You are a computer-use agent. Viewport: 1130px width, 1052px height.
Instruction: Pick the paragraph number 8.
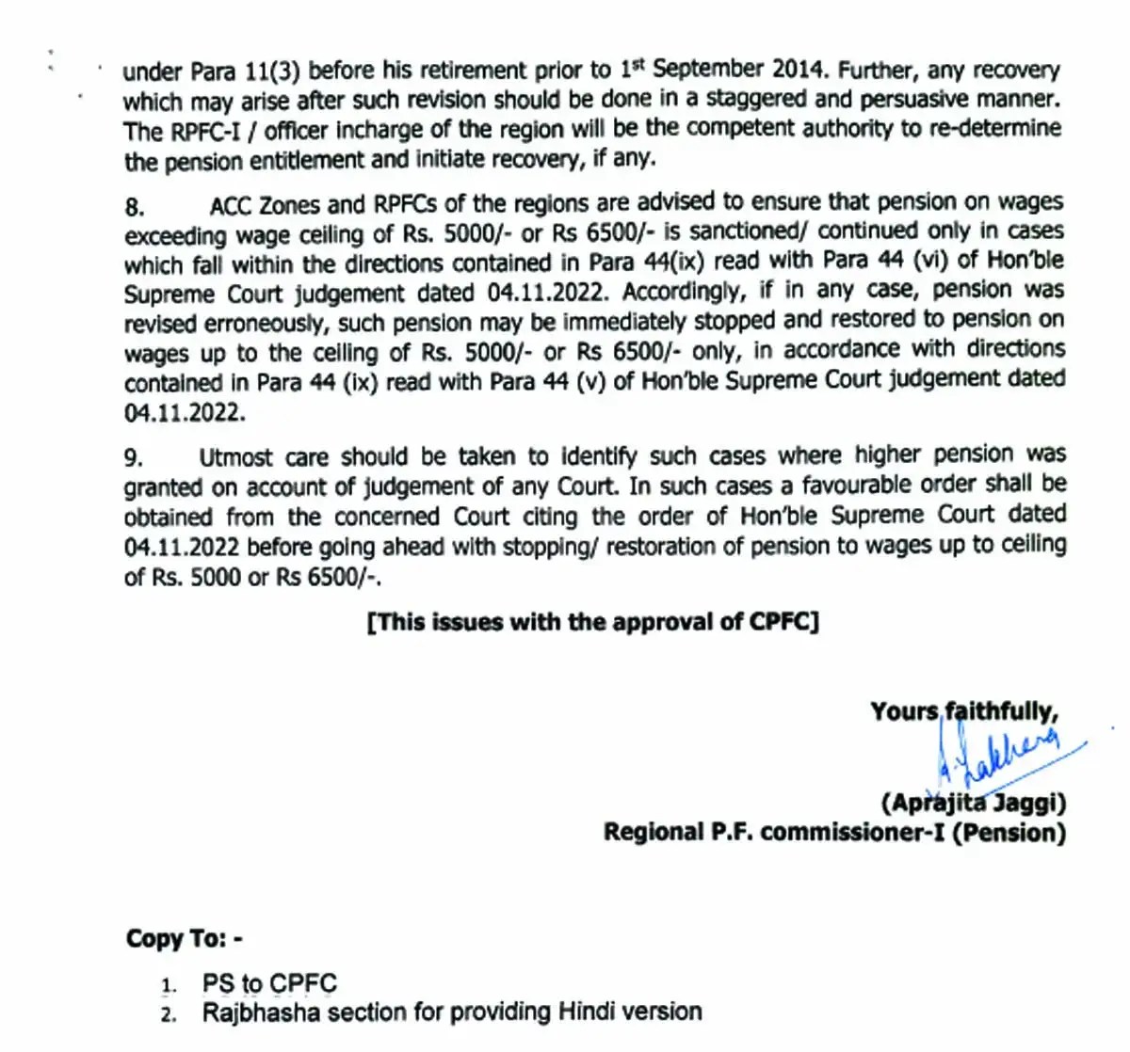pos(134,207)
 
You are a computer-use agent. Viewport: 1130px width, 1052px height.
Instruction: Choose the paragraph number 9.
pos(134,458)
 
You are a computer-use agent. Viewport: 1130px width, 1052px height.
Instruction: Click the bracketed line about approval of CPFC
pos(593,622)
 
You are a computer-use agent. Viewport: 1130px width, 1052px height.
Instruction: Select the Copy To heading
pos(185,938)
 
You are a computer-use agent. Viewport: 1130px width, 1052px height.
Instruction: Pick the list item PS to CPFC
pos(269,983)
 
